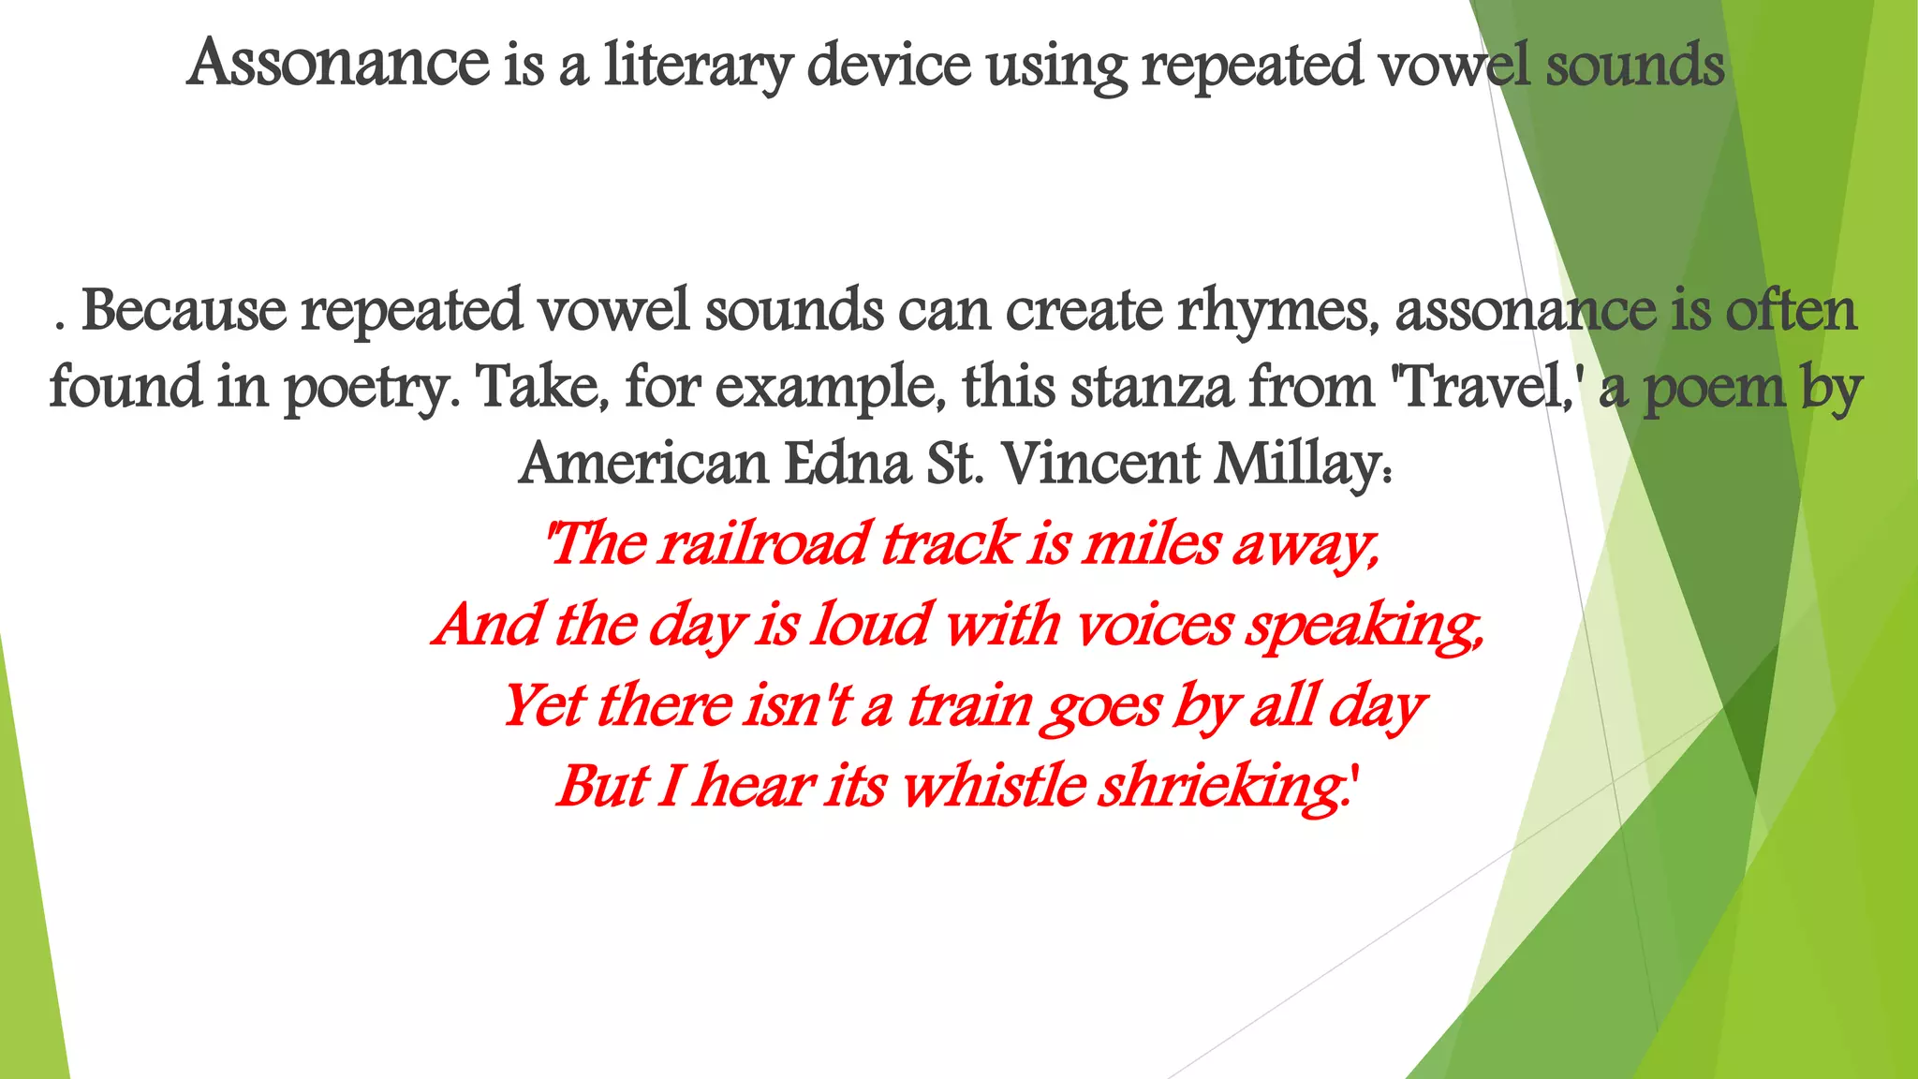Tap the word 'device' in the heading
click(x=889, y=66)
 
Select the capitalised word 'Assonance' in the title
click(x=338, y=64)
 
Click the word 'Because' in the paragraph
click(x=184, y=310)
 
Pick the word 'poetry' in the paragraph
click(x=371, y=389)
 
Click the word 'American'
click(x=643, y=464)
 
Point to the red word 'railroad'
click(x=761, y=543)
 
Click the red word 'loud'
click(x=871, y=624)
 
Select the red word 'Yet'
click(x=542, y=705)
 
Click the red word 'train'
click(x=968, y=705)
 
